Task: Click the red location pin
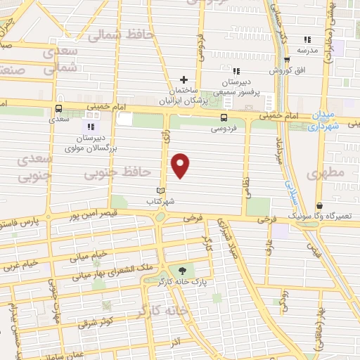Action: (x=181, y=165)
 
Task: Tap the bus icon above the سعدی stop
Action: (x=58, y=108)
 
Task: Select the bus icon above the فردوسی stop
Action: (x=224, y=117)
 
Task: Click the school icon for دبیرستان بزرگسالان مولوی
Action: (x=90, y=126)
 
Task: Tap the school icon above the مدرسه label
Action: (x=307, y=39)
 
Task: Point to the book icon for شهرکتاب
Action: (x=160, y=191)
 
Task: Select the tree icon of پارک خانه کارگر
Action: (x=184, y=270)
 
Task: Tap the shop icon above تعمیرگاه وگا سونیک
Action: (x=320, y=206)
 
